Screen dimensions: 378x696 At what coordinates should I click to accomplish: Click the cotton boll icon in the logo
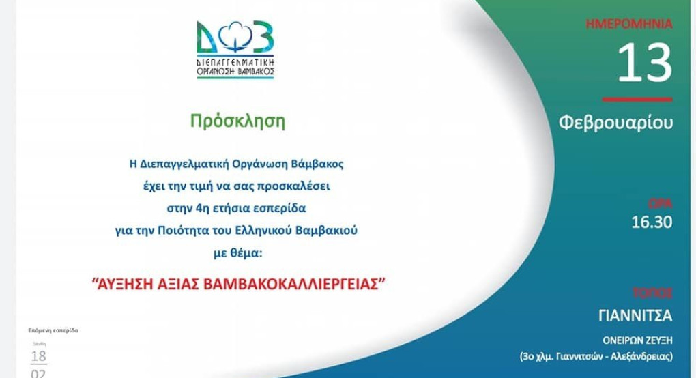point(235,37)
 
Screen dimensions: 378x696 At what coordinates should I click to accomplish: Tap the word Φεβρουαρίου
point(615,123)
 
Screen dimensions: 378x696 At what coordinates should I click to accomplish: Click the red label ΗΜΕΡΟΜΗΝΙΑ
point(629,24)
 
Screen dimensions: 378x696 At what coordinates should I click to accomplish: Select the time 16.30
point(652,222)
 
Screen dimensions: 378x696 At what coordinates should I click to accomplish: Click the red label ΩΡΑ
point(659,203)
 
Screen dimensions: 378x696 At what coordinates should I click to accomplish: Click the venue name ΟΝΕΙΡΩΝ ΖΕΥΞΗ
point(637,339)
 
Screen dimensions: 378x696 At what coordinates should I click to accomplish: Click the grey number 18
point(39,355)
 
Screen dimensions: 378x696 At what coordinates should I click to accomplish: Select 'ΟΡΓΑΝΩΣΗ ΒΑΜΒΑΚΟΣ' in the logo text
point(235,70)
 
